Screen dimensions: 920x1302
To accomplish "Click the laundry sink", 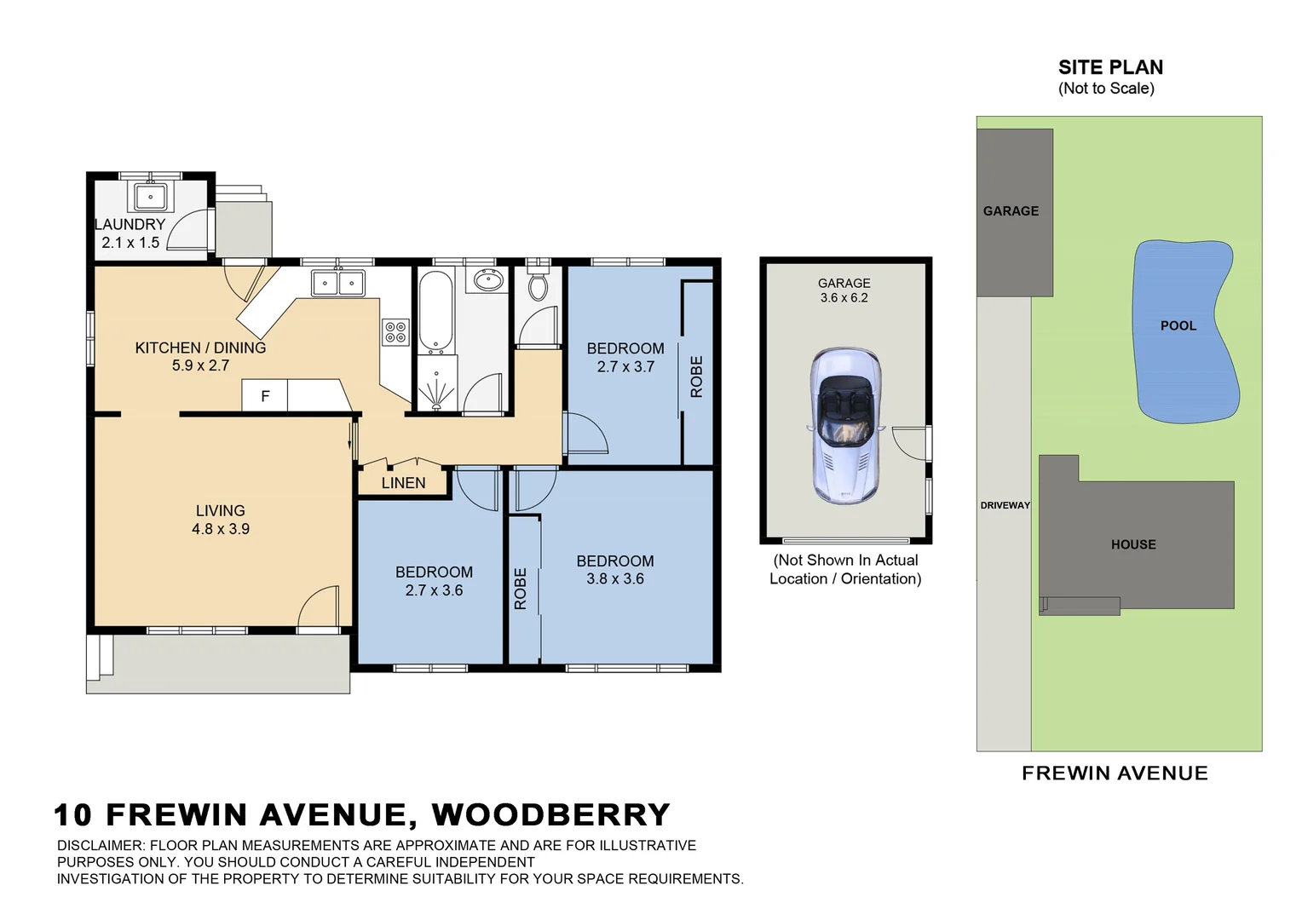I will coord(151,197).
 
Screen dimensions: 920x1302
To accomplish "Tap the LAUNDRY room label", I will coord(130,225).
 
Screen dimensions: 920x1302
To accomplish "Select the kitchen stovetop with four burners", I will coord(395,331).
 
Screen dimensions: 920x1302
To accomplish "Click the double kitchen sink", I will coord(338,282).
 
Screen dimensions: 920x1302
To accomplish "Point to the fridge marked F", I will coord(265,396).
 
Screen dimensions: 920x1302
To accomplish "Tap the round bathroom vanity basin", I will coord(488,279).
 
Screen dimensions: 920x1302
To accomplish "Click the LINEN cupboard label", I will coord(403,483).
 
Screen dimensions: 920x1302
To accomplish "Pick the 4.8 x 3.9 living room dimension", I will coord(221,529).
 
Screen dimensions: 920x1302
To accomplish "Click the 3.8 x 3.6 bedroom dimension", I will coord(614,578).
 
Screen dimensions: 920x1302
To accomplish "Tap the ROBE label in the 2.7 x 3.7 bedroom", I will coord(696,377).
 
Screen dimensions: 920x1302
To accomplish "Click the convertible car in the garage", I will coord(844,424).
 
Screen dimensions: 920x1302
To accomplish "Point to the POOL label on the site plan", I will coord(1178,325).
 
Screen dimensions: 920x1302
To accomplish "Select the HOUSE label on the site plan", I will coord(1132,544).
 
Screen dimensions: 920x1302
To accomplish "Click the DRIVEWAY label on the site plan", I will coord(1005,505).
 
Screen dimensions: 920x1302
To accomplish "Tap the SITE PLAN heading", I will coord(1109,67).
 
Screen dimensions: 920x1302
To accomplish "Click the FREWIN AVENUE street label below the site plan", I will coord(1114,773).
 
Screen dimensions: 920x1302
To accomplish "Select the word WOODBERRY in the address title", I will coord(550,814).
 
